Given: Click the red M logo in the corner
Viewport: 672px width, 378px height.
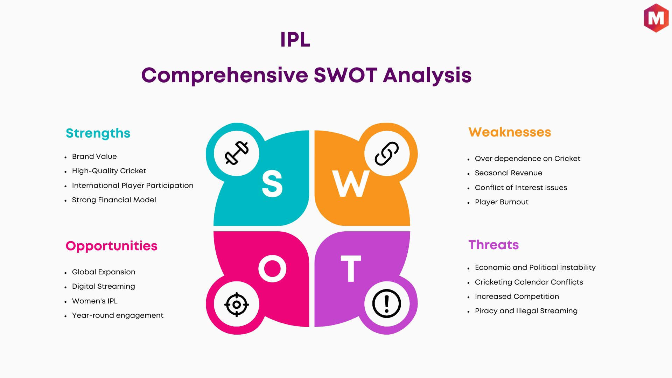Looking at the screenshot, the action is (656, 18).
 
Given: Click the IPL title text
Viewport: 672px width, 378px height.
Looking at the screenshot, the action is (295, 40).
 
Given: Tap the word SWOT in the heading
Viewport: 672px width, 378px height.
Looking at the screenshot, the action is (345, 75).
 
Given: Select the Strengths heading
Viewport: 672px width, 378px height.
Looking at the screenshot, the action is (98, 133).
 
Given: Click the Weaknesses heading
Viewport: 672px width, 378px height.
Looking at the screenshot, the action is (510, 132).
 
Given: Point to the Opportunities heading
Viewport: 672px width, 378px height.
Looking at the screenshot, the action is (111, 246).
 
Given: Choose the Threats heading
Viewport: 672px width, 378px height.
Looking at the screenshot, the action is (493, 245).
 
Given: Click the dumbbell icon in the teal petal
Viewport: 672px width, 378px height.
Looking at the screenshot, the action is (237, 153).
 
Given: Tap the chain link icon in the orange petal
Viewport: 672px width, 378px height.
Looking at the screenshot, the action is (387, 153).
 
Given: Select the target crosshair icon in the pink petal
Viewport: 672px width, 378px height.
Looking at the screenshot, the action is (237, 304).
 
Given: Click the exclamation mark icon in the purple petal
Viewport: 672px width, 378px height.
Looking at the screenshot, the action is (387, 303).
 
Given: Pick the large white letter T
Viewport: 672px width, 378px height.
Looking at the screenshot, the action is (351, 268).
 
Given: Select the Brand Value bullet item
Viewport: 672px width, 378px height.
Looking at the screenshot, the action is (94, 156).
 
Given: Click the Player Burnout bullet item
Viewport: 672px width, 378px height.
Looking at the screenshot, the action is (502, 202).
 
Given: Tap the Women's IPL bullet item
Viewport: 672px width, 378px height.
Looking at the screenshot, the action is (94, 301).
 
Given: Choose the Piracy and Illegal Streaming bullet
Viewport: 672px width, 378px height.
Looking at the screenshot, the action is (526, 311).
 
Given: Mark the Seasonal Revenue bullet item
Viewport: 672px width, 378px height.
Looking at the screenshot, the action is (509, 173).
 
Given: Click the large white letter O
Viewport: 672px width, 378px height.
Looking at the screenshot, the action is (272, 268).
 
